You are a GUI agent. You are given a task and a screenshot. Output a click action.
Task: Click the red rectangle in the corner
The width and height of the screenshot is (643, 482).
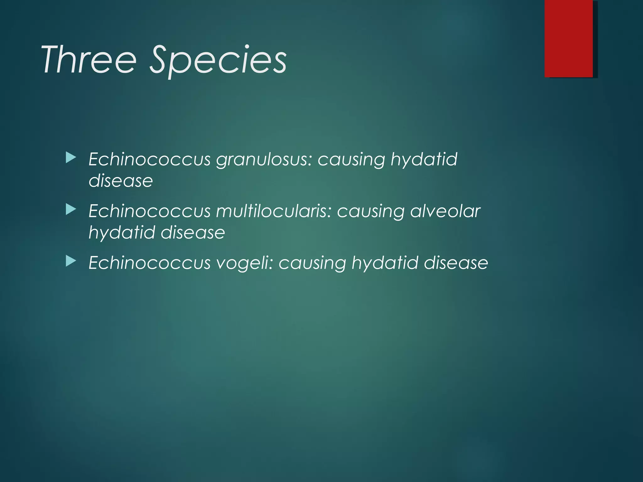[x=569, y=38]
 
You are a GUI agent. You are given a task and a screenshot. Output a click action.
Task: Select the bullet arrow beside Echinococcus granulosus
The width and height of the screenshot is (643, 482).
[x=71, y=158]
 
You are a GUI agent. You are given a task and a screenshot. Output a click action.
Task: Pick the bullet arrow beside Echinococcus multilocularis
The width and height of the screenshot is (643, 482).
[x=71, y=210]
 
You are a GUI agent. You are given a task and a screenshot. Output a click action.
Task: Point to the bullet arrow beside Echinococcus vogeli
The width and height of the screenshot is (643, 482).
[x=71, y=261]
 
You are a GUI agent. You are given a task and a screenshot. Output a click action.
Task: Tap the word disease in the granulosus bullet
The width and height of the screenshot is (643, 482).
[x=121, y=181]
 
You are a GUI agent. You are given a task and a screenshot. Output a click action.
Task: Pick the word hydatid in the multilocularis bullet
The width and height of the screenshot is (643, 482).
[x=122, y=233]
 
